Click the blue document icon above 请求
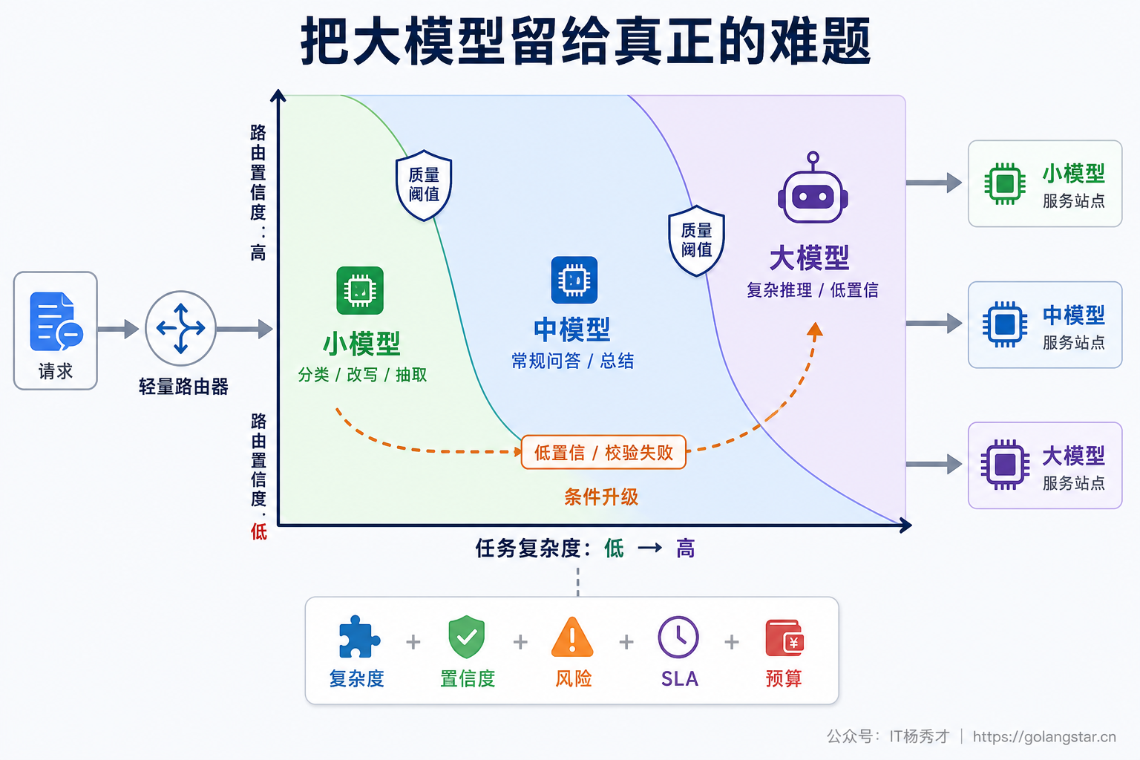click(x=56, y=321)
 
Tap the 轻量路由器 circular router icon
click(x=180, y=328)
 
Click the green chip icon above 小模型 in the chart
click(x=360, y=291)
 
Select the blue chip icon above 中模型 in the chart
click(x=574, y=280)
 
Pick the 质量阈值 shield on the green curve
click(x=424, y=186)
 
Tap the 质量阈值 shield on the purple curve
click(x=696, y=240)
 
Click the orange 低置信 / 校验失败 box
click(x=603, y=452)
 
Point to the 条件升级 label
click(x=601, y=497)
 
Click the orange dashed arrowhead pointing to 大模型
click(x=815, y=330)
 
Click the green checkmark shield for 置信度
click(x=467, y=637)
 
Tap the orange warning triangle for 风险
click(x=572, y=636)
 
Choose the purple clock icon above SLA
click(x=678, y=637)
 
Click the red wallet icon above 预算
click(x=784, y=638)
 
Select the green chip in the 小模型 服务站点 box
click(x=1005, y=183)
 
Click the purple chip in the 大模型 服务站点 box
click(x=1005, y=465)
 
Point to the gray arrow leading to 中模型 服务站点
click(x=934, y=324)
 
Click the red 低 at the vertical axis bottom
click(x=258, y=531)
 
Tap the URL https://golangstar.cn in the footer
click(x=1044, y=736)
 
